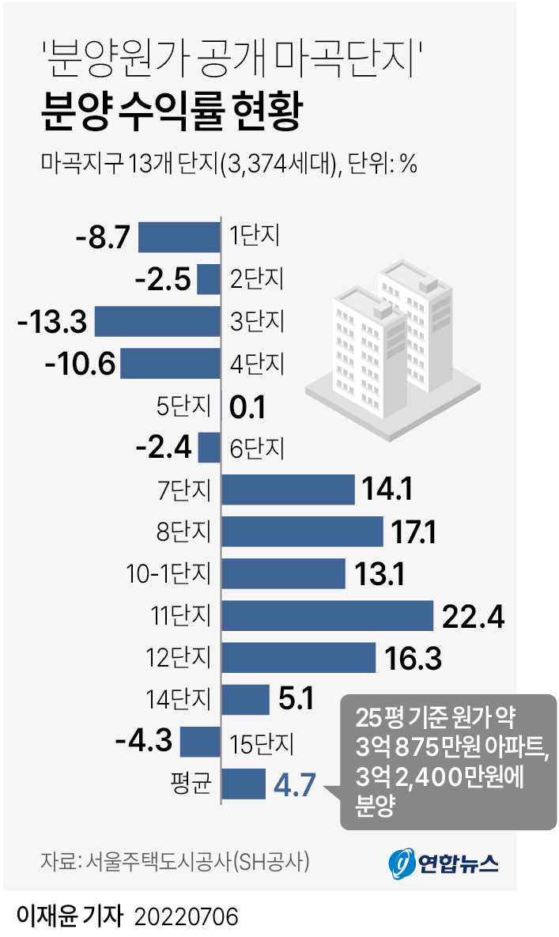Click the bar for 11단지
pos(327,616)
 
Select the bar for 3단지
pos(157,322)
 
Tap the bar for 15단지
pos(200,742)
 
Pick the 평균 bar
pos(244,784)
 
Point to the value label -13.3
pos(51,322)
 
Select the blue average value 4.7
pos(295,786)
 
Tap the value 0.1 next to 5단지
pos(247,407)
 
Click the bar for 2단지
pos(209,279)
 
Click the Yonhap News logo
pos(444,863)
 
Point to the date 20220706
pos(187,917)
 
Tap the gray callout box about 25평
pos(448,761)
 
